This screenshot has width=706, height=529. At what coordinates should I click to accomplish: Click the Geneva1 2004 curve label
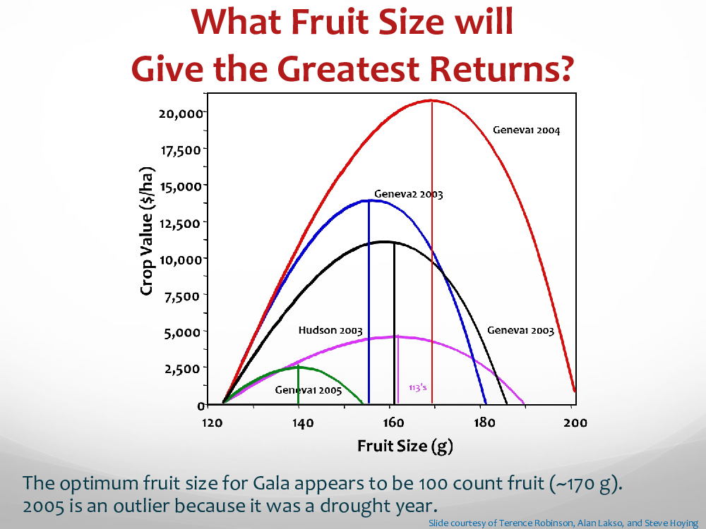pyautogui.click(x=527, y=130)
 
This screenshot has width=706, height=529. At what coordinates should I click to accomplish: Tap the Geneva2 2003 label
pyautogui.click(x=408, y=195)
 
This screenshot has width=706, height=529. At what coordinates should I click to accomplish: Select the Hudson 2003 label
pyautogui.click(x=330, y=331)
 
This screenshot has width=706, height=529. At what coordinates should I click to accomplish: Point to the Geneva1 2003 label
pyautogui.click(x=520, y=331)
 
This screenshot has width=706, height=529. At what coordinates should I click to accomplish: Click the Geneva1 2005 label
pyautogui.click(x=309, y=390)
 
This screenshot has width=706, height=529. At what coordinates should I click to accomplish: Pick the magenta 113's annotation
pyautogui.click(x=418, y=388)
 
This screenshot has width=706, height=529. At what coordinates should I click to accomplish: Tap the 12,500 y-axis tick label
pyautogui.click(x=179, y=224)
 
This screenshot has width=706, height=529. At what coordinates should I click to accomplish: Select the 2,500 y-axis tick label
pyautogui.click(x=182, y=370)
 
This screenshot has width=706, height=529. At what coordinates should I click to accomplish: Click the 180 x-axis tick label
pyautogui.click(x=484, y=422)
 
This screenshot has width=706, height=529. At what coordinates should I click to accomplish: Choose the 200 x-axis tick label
pyautogui.click(x=575, y=422)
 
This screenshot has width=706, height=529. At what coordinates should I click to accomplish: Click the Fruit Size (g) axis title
pyautogui.click(x=405, y=446)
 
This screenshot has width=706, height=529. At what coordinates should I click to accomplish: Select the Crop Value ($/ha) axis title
pyautogui.click(x=147, y=231)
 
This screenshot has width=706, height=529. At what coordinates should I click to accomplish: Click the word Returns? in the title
pyautogui.click(x=501, y=68)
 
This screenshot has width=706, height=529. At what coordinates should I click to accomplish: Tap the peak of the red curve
pyautogui.click(x=431, y=100)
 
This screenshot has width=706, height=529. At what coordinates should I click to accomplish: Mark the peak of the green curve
pyautogui.click(x=298, y=367)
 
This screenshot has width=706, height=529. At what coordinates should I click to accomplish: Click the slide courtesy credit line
pyautogui.click(x=563, y=523)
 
